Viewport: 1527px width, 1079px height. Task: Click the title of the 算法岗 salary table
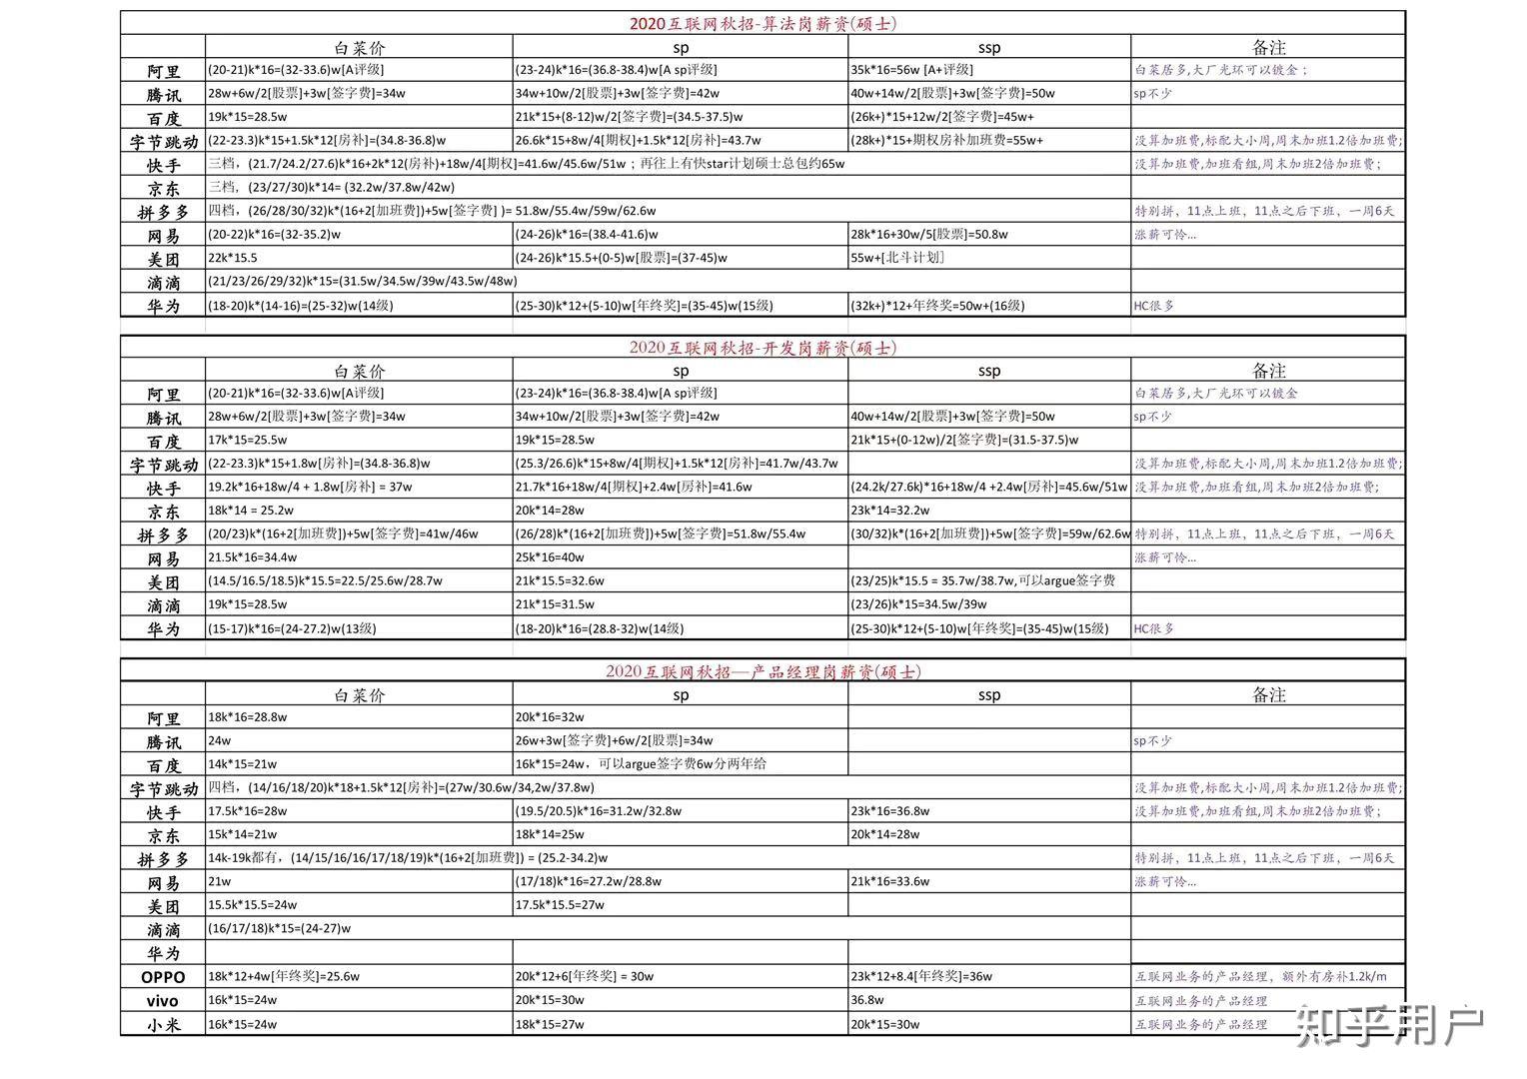point(763,23)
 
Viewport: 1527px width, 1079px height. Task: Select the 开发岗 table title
point(763,348)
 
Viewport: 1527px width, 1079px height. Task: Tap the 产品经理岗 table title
point(763,671)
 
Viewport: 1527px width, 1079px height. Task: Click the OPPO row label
point(163,977)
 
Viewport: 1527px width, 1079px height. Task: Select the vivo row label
point(163,1001)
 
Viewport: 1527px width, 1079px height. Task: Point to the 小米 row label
point(163,1025)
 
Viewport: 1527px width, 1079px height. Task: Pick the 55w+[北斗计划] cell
point(897,258)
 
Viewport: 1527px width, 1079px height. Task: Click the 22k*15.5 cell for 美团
point(233,258)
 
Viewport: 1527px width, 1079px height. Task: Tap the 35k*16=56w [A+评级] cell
point(911,70)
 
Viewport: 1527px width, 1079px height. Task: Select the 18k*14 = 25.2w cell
point(251,511)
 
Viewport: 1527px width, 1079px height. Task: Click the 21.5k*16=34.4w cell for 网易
point(253,557)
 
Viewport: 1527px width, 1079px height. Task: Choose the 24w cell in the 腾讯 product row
point(220,741)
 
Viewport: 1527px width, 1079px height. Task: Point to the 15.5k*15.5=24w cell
point(253,905)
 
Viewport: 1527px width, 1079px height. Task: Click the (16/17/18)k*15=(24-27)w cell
point(280,929)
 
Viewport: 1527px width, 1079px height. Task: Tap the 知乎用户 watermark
point(1389,1025)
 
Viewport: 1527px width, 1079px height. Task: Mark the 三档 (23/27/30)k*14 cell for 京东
point(332,187)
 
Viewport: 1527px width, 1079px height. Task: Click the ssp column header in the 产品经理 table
point(989,695)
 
